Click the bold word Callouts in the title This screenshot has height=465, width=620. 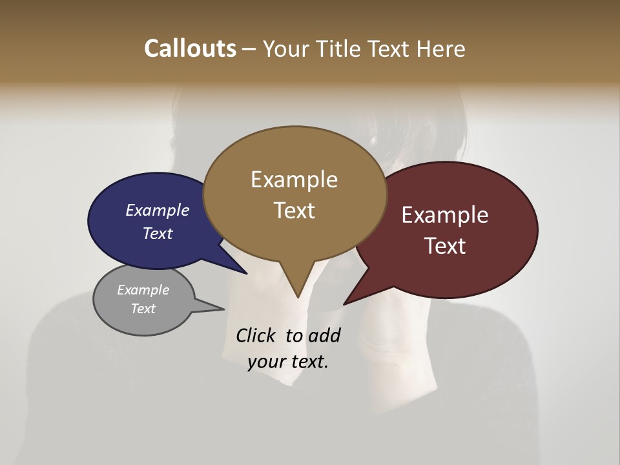[x=190, y=48]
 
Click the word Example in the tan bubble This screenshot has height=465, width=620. [x=294, y=180]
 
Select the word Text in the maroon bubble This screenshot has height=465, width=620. [x=445, y=246]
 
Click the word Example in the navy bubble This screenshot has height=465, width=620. [x=158, y=211]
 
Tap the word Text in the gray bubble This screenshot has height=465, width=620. [x=143, y=309]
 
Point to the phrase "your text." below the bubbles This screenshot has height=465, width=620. [x=288, y=362]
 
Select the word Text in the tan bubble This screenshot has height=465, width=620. [x=294, y=211]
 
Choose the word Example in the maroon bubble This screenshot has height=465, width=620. [x=445, y=215]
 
